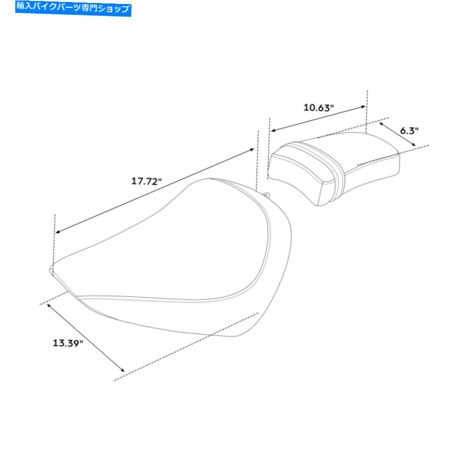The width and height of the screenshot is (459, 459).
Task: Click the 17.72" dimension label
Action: click(147, 181)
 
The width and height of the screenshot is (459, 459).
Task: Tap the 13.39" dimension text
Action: click(68, 343)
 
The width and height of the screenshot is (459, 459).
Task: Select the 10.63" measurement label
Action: click(318, 108)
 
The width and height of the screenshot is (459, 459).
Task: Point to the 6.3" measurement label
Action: click(409, 131)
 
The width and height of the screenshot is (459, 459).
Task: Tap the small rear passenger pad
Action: click(334, 168)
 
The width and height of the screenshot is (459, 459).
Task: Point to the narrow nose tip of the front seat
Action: click(51, 268)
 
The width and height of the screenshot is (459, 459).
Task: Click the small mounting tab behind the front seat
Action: click(267, 194)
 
